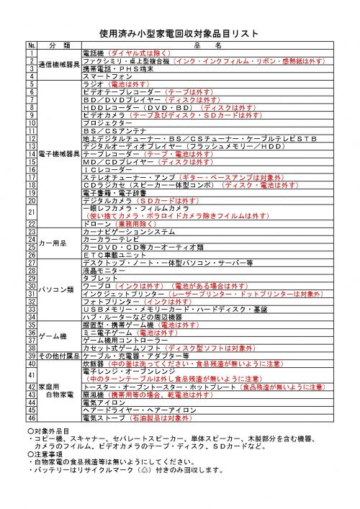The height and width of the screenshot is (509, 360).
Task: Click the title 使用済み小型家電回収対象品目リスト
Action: point(180,34)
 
